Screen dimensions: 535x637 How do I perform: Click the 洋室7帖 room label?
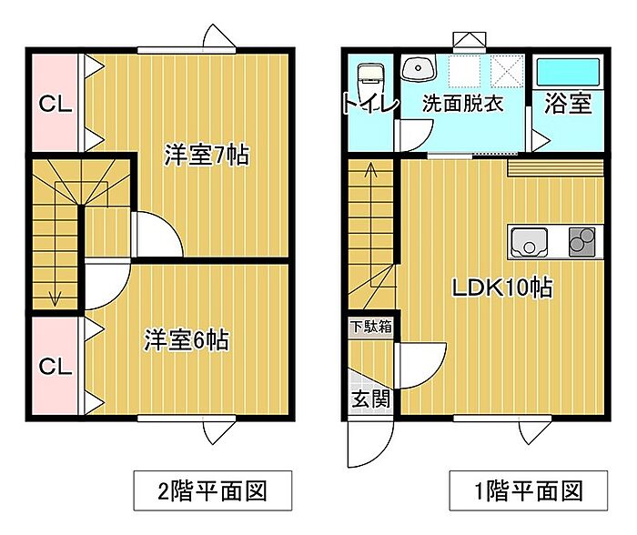207,155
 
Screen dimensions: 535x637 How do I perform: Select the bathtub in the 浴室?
568,70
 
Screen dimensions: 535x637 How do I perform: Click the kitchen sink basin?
529,242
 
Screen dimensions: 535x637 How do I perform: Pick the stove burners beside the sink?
581,241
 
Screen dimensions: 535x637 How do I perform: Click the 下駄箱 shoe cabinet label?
371,326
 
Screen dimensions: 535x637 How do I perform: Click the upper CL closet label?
55,104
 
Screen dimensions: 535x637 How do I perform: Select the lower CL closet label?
55,367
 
